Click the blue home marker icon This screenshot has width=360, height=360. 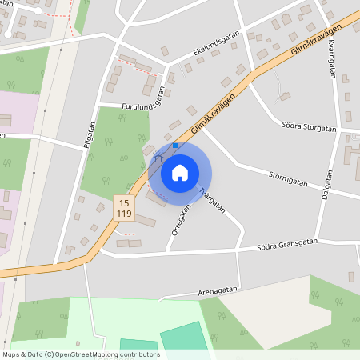[180, 173]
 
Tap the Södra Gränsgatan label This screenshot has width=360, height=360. [287, 244]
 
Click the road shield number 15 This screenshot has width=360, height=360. [123, 203]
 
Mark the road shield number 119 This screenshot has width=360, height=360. [123, 214]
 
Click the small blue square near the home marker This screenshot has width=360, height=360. [175, 146]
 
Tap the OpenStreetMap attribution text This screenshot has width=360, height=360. [80, 354]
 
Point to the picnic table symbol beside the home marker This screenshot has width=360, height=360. [156, 160]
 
